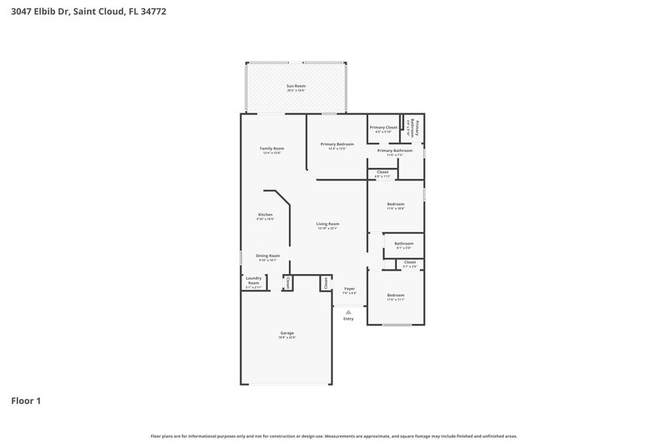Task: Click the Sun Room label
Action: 296,86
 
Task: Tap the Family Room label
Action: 272,149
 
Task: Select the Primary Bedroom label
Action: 337,144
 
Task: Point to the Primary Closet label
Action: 384,128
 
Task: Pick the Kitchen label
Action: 266,215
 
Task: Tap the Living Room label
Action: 327,224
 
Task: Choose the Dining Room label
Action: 267,255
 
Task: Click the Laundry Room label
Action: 253,282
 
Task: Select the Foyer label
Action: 349,289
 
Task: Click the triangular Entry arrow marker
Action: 348,311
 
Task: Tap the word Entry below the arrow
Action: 348,319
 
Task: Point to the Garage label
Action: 286,333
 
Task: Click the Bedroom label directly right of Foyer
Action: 395,296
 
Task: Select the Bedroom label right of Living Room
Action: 395,204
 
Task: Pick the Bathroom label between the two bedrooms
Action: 404,244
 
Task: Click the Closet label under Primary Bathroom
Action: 382,172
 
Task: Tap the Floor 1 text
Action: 26,401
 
